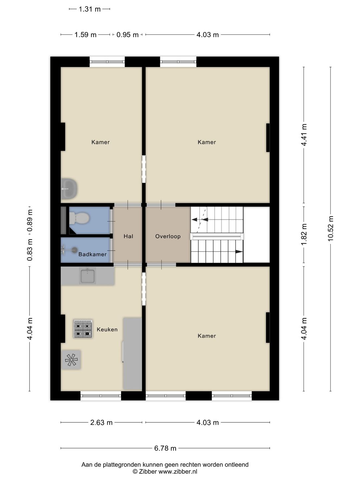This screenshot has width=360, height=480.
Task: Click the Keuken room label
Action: [107, 329]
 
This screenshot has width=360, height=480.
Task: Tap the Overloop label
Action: [168, 236]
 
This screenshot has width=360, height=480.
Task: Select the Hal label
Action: [128, 236]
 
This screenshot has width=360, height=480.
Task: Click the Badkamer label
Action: [92, 254]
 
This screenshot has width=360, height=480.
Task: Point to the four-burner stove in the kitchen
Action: [83, 329]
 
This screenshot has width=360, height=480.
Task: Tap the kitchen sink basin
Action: [87, 276]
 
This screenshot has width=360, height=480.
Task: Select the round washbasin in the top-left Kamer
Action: [69, 189]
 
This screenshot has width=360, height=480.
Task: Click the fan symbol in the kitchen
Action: [71, 360]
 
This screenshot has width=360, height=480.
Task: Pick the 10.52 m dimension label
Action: [331, 228]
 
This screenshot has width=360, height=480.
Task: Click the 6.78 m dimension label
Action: [165, 448]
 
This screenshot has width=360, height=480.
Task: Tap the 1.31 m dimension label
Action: [89, 9]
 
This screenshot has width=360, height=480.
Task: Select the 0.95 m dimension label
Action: [127, 35]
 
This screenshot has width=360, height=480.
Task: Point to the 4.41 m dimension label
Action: [304, 135]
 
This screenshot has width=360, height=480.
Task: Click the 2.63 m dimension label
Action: [101, 423]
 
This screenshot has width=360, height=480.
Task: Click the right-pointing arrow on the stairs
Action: [239, 252]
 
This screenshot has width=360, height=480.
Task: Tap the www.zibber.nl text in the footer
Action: [178, 472]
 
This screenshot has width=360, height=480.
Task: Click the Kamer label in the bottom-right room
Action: [207, 336]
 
